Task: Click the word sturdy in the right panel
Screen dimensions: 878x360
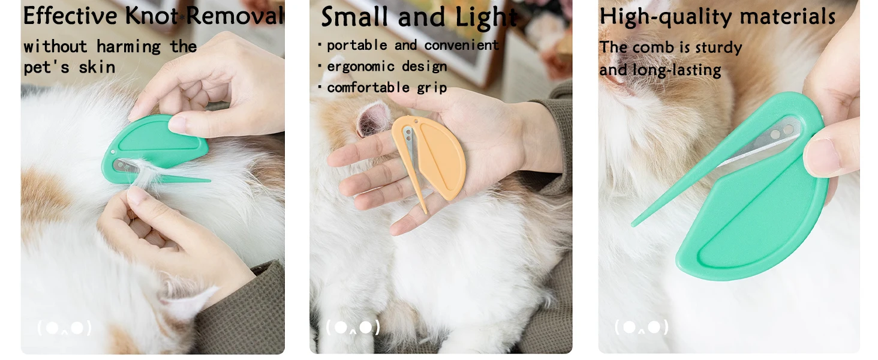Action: click(x=718, y=48)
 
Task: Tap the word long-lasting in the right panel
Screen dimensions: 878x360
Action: click(x=676, y=71)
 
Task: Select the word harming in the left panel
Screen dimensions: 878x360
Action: click(x=128, y=47)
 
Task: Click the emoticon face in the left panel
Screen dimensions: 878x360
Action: click(x=64, y=328)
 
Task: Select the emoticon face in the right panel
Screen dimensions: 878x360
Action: click(x=642, y=327)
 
